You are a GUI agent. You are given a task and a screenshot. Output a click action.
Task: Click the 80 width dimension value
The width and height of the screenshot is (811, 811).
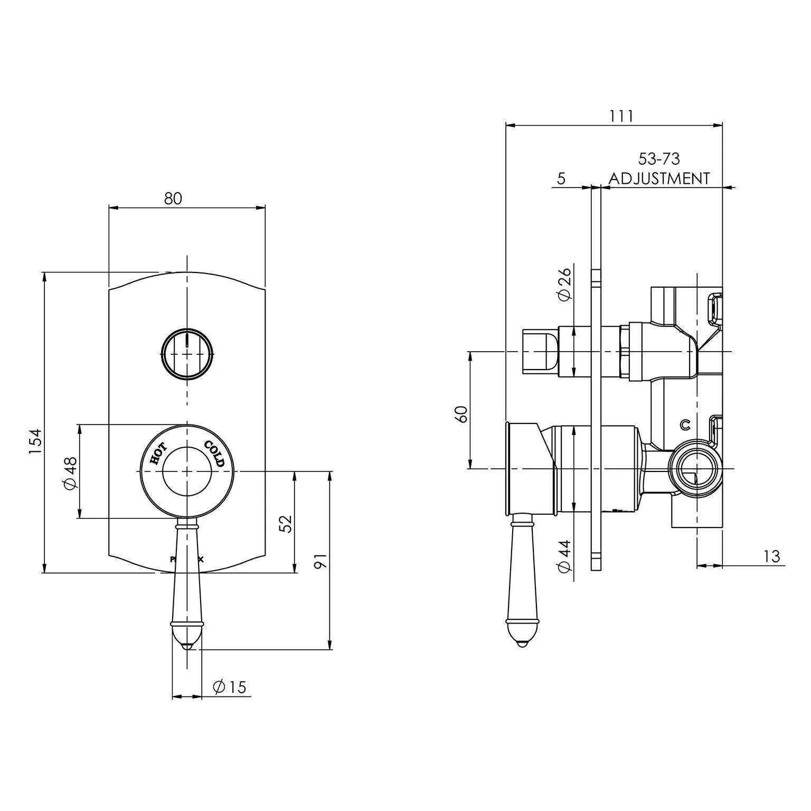pyautogui.click(x=173, y=199)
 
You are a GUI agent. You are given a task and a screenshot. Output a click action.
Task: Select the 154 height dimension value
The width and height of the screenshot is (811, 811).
pyautogui.click(x=35, y=441)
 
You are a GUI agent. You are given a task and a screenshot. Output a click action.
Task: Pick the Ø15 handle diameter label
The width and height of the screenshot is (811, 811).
pyautogui.click(x=230, y=687)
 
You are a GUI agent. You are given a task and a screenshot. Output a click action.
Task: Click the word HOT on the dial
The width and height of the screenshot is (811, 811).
pyautogui.click(x=158, y=454)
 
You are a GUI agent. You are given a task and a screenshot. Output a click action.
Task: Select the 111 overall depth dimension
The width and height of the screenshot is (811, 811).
pyautogui.click(x=621, y=116)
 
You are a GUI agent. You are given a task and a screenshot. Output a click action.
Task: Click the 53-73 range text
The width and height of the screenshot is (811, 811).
pyautogui.click(x=659, y=159)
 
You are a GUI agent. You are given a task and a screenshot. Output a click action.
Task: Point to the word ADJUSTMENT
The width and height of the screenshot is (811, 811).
pyautogui.click(x=659, y=178)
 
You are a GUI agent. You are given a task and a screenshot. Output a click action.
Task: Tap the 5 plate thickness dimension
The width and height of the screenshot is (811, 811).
pyautogui.click(x=561, y=178)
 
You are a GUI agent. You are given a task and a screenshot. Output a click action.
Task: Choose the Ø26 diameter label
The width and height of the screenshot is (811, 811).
pyautogui.click(x=564, y=284)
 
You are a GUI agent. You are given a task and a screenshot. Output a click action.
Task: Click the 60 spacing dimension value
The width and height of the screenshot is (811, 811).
pyautogui.click(x=461, y=413)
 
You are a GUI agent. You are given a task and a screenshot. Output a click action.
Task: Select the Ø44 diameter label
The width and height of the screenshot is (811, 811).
pyautogui.click(x=564, y=556)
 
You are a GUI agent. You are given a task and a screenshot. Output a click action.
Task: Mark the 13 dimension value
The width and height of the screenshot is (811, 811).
pyautogui.click(x=771, y=556)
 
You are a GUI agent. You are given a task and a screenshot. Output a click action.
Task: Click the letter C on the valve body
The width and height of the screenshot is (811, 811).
pyautogui.click(x=685, y=424)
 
